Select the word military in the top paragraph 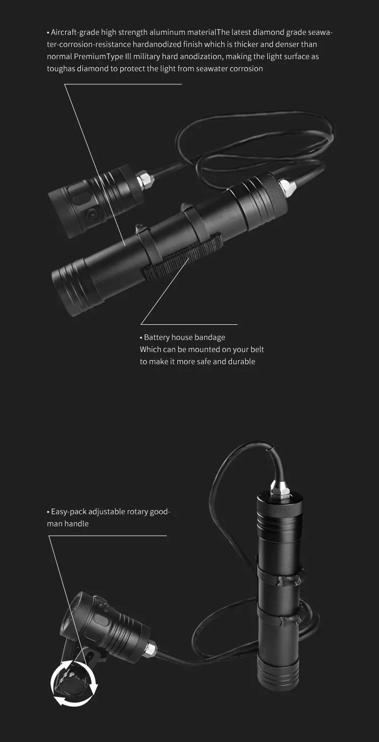click(147, 57)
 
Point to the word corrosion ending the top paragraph click(246, 69)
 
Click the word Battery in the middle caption click(157, 337)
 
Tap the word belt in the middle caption click(257, 350)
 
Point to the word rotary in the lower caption click(137, 512)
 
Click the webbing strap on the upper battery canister click(182, 256)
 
